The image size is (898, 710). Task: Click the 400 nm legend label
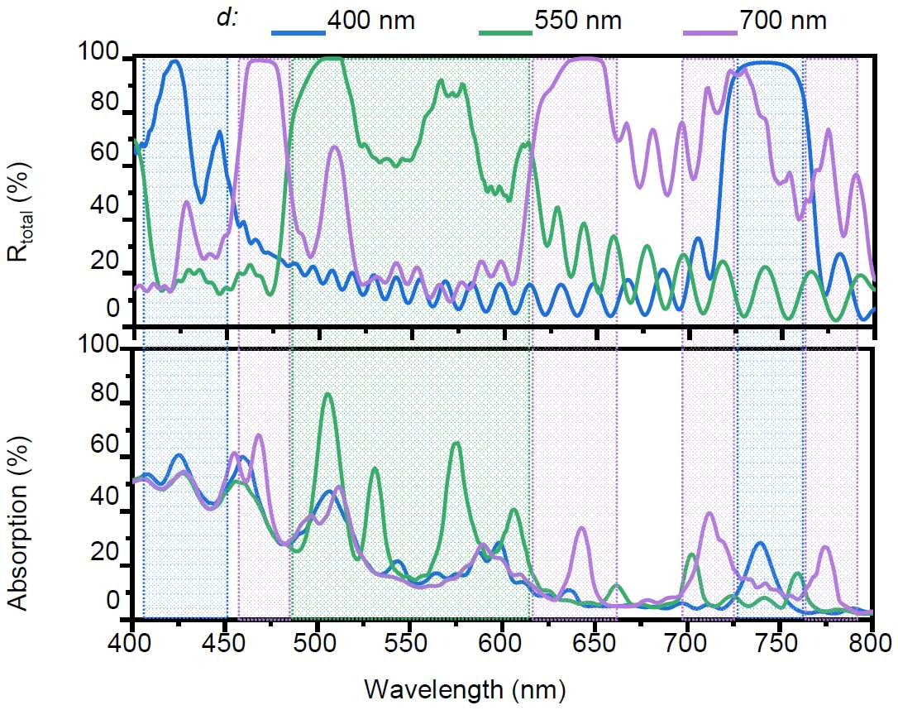(x=370, y=22)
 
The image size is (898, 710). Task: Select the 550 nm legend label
(x=578, y=22)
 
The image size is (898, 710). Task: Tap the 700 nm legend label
(x=783, y=22)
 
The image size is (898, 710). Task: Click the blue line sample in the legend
(x=299, y=32)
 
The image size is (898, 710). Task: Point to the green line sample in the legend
(x=506, y=32)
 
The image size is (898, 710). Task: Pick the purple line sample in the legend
(x=710, y=32)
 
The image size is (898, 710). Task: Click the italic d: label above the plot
(x=227, y=18)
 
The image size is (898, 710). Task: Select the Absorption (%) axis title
(x=19, y=523)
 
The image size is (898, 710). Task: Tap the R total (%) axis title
(x=20, y=212)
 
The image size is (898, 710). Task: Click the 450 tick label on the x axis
(x=225, y=643)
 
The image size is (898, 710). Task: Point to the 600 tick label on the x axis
(x=502, y=643)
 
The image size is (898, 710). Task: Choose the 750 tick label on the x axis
(x=779, y=643)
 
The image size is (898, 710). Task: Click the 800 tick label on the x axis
(x=871, y=643)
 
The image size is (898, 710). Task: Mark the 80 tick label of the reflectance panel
(x=104, y=102)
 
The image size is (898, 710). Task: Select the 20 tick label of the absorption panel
(x=104, y=550)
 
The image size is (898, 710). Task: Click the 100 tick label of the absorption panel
(x=98, y=343)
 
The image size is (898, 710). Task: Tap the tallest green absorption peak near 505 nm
(x=327, y=394)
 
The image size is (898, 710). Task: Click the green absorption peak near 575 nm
(x=456, y=444)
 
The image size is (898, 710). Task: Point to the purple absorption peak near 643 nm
(x=581, y=528)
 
